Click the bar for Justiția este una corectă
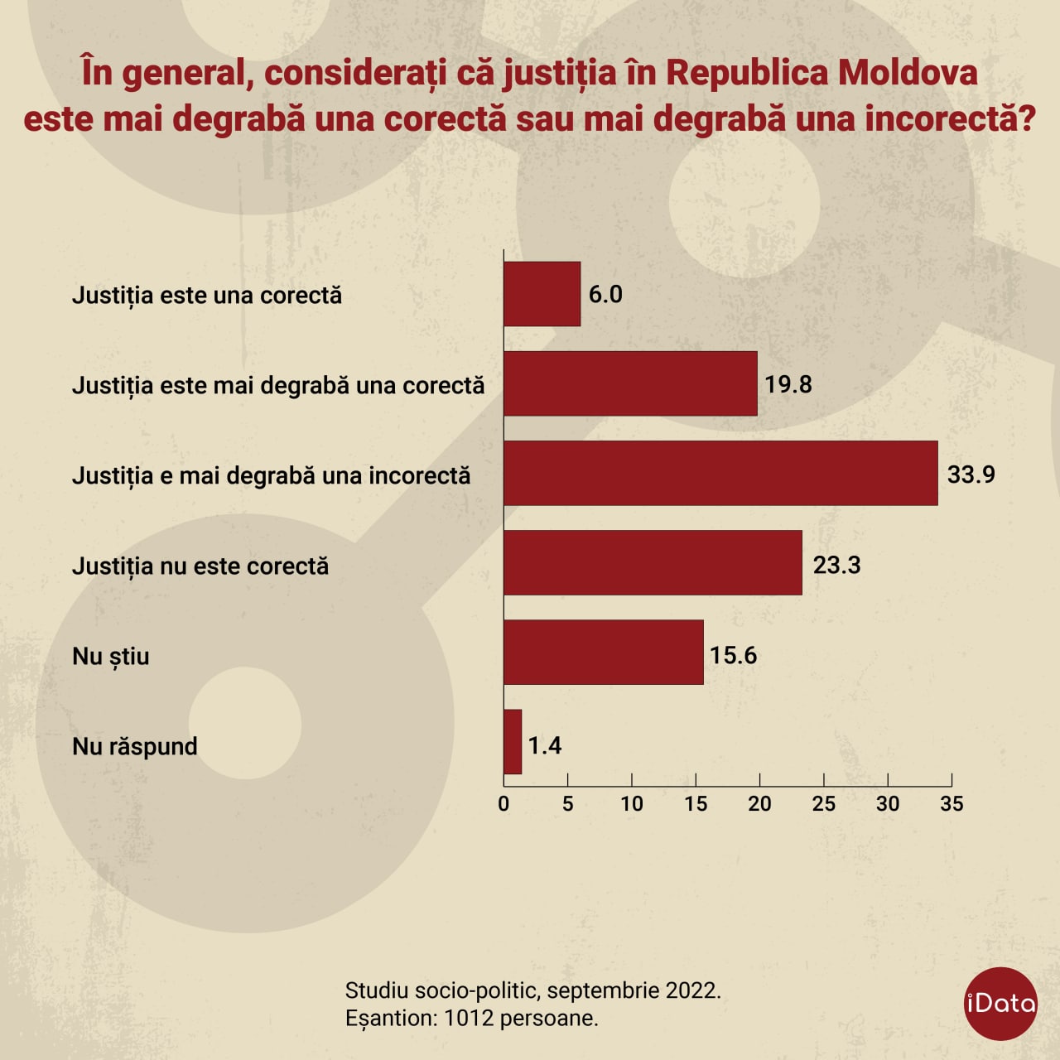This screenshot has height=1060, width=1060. tap(542, 294)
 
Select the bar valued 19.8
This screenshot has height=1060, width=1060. tap(630, 383)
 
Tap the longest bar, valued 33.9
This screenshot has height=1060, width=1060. tap(720, 473)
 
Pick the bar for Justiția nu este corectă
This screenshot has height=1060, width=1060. tap(653, 563)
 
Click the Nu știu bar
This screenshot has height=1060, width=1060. tap(603, 653)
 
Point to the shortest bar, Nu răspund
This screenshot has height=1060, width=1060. tap(513, 742)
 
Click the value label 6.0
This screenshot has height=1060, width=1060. tap(605, 295)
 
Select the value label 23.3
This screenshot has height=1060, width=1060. tap(836, 565)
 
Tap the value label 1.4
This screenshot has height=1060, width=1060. tap(545, 745)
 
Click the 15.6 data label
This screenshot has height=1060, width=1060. tap(733, 655)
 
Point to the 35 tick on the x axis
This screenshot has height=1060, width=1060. tap(952, 803)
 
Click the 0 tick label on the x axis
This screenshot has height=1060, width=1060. tap(503, 803)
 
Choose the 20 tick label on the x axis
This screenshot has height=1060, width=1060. tap(759, 803)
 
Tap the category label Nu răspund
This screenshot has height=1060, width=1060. tap(135, 746)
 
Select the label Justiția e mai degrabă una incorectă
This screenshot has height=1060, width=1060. tap(271, 475)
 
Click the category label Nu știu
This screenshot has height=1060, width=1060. tap(111, 656)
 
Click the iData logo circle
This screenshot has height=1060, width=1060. tap(1001, 1004)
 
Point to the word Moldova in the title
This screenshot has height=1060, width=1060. tap(908, 73)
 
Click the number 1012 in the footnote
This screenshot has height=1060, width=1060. tap(470, 1018)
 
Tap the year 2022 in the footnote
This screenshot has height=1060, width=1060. tap(691, 990)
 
